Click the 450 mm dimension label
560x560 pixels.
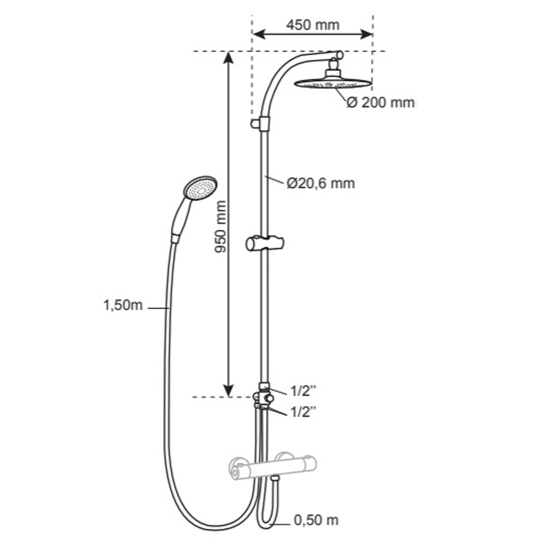pyautogui.click(x=312, y=25)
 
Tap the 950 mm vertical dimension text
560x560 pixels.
pyautogui.click(x=221, y=227)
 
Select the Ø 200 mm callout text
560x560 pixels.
pyautogui.click(x=381, y=103)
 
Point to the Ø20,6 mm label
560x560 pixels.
pyautogui.click(x=321, y=183)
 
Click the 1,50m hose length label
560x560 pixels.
pyautogui.click(x=123, y=305)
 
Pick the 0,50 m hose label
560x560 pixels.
pyautogui.click(x=316, y=520)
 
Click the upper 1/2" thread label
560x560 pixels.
pyautogui.click(x=303, y=391)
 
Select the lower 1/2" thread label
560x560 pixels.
pyautogui.click(x=303, y=412)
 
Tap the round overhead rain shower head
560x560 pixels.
pyautogui.click(x=333, y=83)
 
